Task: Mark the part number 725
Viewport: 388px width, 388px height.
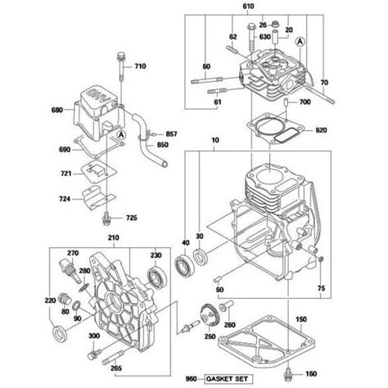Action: [132, 218]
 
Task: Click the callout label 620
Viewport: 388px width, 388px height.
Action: [320, 131]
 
